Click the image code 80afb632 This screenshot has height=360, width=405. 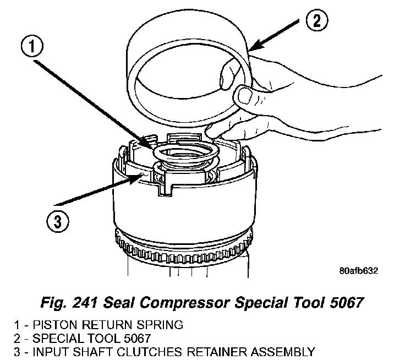358,271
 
